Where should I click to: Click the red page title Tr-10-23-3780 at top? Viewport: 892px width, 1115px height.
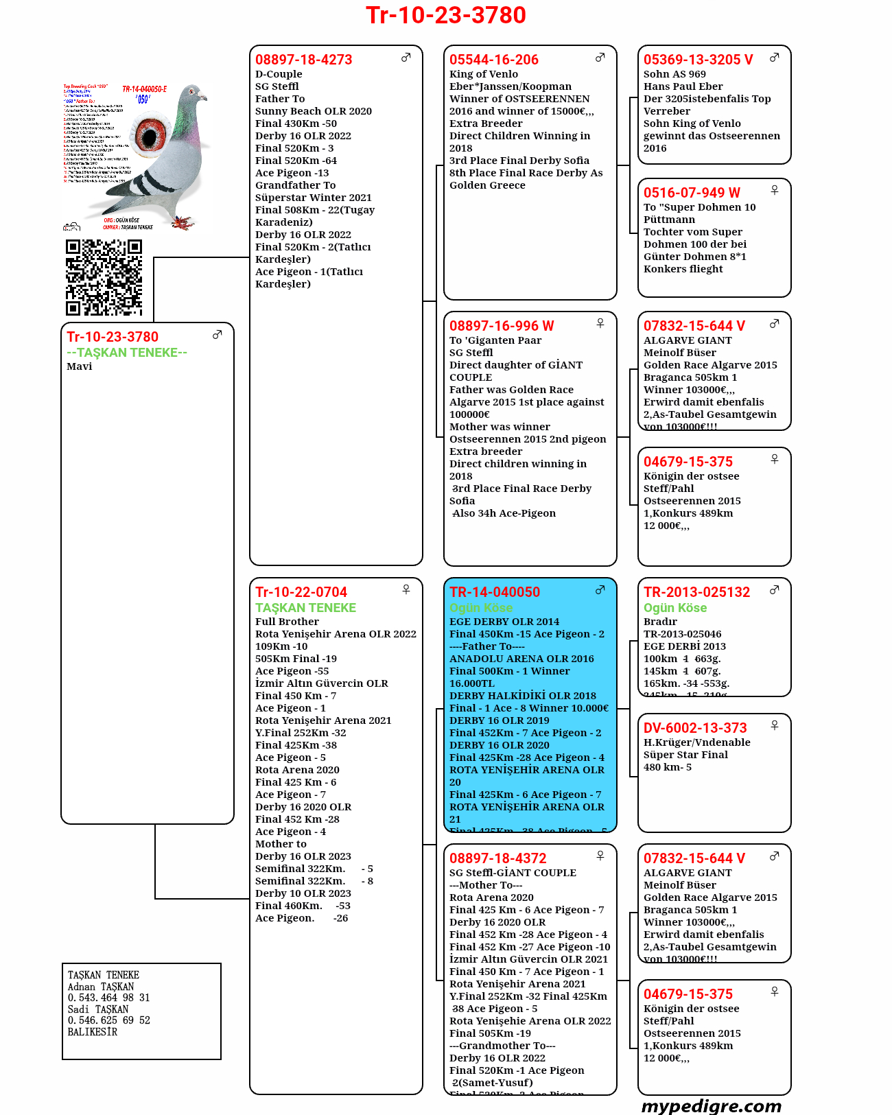click(446, 15)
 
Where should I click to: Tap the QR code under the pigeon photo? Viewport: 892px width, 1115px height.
click(104, 277)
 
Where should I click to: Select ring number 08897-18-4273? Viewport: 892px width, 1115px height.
click(303, 60)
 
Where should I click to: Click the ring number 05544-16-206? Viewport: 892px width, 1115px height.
click(493, 60)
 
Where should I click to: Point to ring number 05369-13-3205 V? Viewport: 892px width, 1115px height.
click(698, 60)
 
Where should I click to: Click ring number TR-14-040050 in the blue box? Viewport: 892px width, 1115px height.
click(494, 592)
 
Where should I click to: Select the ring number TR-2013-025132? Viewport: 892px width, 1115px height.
click(696, 592)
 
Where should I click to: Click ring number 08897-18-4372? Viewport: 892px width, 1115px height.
click(497, 858)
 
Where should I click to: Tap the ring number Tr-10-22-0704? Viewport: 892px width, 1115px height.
click(301, 592)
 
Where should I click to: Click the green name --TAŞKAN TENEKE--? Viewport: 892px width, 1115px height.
click(127, 353)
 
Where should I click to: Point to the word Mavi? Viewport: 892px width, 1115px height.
click(80, 366)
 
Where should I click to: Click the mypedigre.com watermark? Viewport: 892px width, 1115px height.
click(711, 1106)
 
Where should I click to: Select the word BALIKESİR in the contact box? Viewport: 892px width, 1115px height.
click(93, 1032)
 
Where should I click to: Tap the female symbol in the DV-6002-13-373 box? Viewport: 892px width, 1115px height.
click(775, 725)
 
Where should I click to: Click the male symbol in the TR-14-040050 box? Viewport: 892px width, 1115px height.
click(600, 589)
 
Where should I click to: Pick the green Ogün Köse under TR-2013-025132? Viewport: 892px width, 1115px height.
click(674, 608)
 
